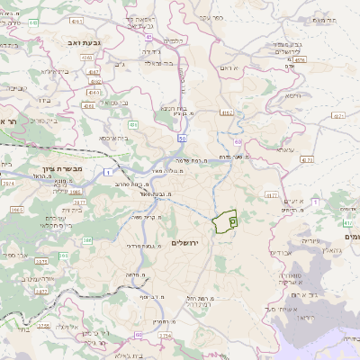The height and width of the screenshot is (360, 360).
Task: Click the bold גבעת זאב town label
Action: click(75, 41)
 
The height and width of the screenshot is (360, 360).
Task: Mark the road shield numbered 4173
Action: click(306, 159)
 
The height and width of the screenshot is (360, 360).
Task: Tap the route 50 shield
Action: click(182, 139)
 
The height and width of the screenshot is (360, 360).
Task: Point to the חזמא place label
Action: click(292, 94)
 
